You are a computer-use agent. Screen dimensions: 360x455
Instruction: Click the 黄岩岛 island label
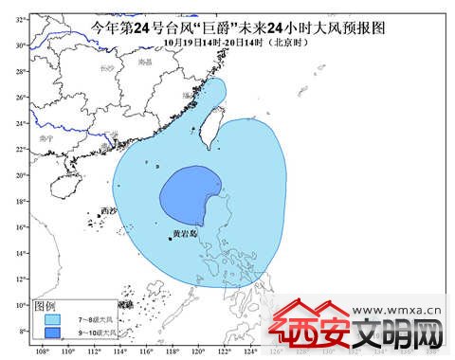coord(186,233)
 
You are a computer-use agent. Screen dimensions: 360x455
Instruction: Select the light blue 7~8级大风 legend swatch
coord(54,319)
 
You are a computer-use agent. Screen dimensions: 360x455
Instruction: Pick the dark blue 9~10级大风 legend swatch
coord(54,333)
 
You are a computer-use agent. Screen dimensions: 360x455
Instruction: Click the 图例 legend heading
coord(45,305)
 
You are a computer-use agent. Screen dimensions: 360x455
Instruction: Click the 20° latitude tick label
coord(21,175)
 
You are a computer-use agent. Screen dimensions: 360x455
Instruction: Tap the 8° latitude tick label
coord(21,330)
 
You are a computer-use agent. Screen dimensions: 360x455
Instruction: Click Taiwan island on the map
coord(214,129)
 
